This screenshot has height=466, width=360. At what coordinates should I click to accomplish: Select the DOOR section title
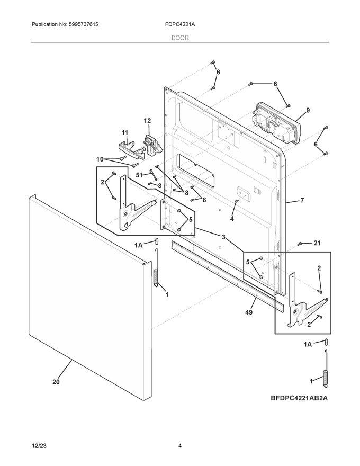click(x=180, y=38)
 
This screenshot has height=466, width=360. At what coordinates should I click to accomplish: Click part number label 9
click(x=308, y=110)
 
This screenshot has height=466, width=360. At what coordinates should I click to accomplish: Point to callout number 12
click(x=147, y=121)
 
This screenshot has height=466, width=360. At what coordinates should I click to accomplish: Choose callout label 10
click(x=100, y=159)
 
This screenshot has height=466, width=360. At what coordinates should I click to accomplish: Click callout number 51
click(x=139, y=174)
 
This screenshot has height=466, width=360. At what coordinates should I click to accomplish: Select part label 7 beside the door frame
click(x=302, y=201)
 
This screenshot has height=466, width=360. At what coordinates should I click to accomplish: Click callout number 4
click(x=231, y=218)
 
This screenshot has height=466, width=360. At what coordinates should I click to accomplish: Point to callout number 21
click(x=317, y=243)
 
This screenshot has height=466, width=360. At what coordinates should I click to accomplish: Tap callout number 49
click(x=249, y=312)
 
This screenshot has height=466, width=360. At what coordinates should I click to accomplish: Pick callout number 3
click(x=223, y=238)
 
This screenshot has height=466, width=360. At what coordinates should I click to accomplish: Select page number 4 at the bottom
click(x=180, y=446)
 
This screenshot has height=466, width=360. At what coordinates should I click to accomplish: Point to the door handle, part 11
click(x=128, y=148)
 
